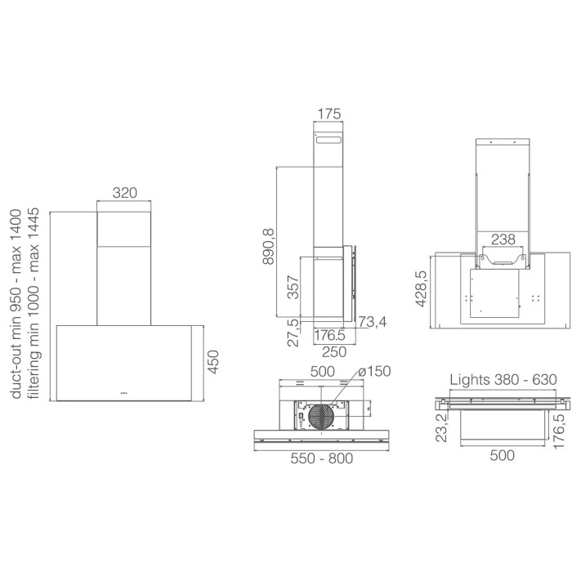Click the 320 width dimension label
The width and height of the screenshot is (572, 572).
click(125, 193)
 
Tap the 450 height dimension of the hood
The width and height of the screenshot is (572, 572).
click(213, 362)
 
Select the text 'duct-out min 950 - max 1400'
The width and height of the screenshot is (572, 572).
click(16, 304)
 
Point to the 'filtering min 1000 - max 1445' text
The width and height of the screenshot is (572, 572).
click(34, 303)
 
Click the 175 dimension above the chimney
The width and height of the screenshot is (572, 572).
click(329, 114)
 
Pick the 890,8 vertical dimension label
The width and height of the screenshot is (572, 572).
click(269, 246)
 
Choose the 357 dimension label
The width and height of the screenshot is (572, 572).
click(293, 288)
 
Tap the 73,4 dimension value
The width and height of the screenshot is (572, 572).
click(372, 322)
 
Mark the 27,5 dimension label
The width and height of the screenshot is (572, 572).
click(293, 333)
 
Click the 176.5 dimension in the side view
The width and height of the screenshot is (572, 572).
click(329, 335)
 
